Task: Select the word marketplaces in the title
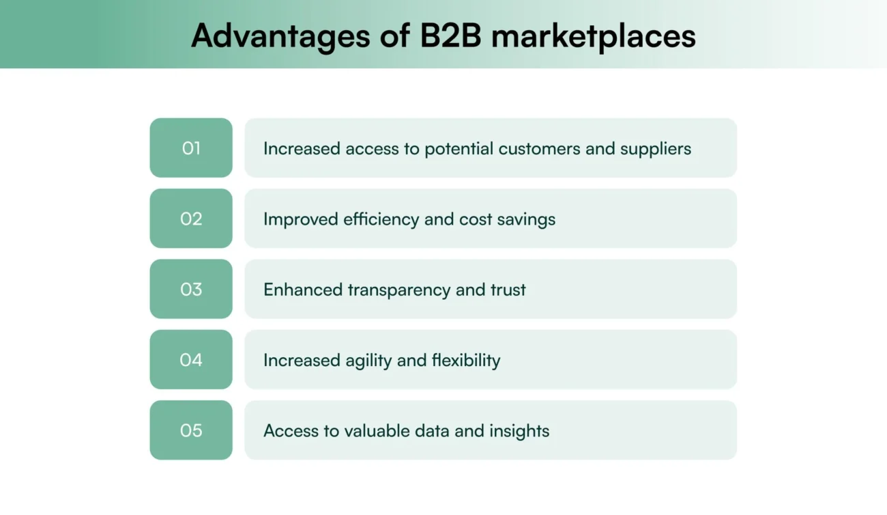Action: tap(594, 36)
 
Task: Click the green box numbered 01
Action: tap(191, 148)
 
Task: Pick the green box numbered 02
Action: tap(191, 219)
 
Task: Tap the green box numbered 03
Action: tap(191, 289)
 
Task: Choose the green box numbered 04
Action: tap(191, 360)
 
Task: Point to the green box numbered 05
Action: tap(191, 430)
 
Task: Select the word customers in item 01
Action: tap(540, 148)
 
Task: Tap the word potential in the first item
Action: tap(459, 149)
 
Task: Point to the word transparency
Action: tap(399, 290)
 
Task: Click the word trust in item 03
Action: tap(508, 290)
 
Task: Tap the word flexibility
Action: tap(466, 360)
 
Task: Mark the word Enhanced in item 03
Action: tap(303, 290)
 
